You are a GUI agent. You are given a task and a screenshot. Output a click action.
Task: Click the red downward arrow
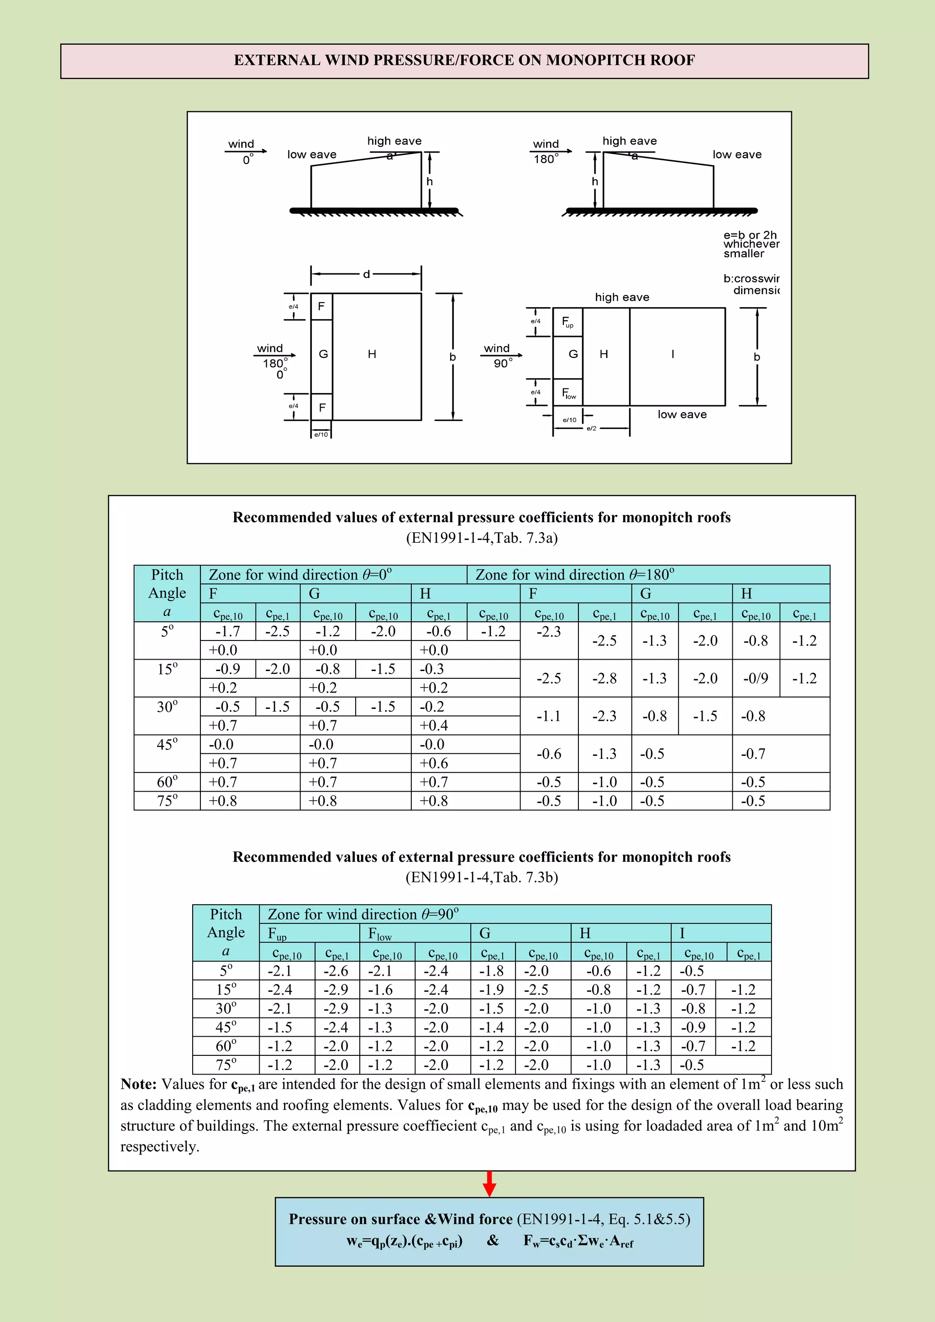point(489,1183)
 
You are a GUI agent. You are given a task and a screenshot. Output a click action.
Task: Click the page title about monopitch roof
point(464,60)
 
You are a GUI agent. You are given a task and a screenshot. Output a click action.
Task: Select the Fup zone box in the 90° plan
point(567,322)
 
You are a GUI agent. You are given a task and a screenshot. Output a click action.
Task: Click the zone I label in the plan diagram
point(672,354)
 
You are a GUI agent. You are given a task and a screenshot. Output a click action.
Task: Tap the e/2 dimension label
point(591,428)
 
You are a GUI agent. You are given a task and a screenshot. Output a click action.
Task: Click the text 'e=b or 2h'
point(750,235)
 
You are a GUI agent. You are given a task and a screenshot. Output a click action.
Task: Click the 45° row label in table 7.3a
point(167,745)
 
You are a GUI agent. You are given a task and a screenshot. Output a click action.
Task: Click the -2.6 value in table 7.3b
point(336,971)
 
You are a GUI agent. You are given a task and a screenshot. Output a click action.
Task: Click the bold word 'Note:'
point(138,1084)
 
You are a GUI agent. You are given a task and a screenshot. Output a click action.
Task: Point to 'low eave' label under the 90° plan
point(682,414)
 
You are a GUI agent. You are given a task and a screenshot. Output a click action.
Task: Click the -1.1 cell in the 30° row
point(548,716)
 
